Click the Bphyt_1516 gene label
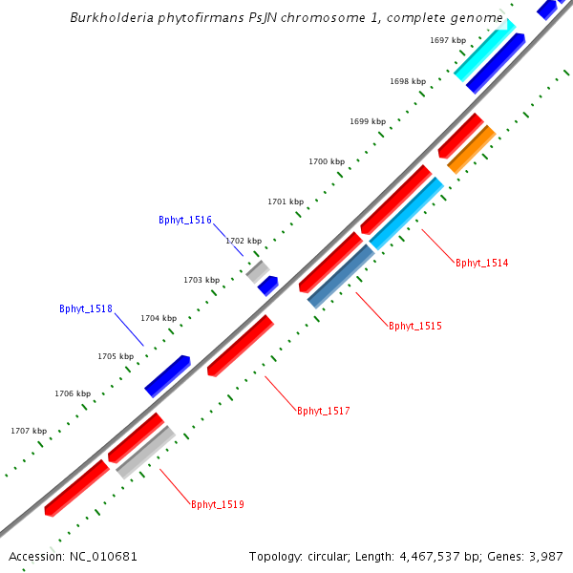tap(185, 220)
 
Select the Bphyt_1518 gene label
tap(86, 308)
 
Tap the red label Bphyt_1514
tap(481, 263)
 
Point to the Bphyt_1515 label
tap(414, 326)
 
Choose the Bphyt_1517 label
tap(323, 411)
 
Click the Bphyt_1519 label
tap(218, 504)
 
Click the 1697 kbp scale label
tap(448, 40)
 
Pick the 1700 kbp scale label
tap(326, 162)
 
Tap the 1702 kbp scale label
tap(243, 241)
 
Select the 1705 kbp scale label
tap(115, 356)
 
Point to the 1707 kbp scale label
tap(29, 431)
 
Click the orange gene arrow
tap(471, 149)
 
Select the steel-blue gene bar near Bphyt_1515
tap(341, 277)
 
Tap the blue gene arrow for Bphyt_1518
tap(167, 376)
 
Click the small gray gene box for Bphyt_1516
tap(257, 271)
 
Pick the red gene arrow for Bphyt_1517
tap(240, 345)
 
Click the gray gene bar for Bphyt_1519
tap(145, 452)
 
